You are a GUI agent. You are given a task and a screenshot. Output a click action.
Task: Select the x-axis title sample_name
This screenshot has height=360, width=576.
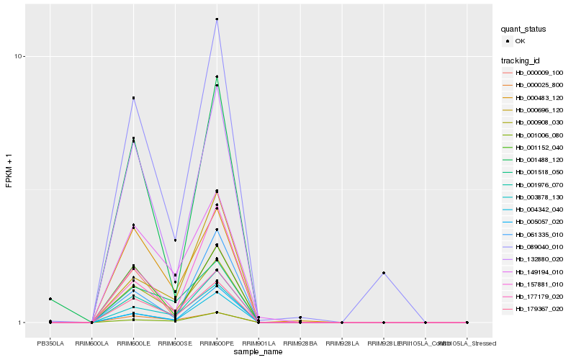(x=258, y=351)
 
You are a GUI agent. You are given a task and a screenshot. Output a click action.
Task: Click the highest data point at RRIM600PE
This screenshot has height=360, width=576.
(x=217, y=19)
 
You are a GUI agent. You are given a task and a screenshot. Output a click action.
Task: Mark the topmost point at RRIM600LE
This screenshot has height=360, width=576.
(x=133, y=98)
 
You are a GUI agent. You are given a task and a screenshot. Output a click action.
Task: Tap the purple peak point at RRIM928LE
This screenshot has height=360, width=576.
(x=384, y=273)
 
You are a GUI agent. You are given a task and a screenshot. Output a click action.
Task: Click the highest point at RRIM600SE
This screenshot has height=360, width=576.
(x=175, y=240)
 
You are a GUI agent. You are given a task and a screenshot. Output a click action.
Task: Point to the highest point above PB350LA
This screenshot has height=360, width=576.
(x=50, y=299)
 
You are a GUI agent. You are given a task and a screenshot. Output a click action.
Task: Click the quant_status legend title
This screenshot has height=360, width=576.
(x=524, y=30)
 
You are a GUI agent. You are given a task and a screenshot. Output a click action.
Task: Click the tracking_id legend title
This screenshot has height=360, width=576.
(x=522, y=60)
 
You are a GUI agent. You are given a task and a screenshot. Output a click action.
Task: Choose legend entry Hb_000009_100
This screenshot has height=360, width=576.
(x=539, y=73)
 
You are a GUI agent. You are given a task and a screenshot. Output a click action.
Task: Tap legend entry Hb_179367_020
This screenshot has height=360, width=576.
(x=539, y=308)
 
